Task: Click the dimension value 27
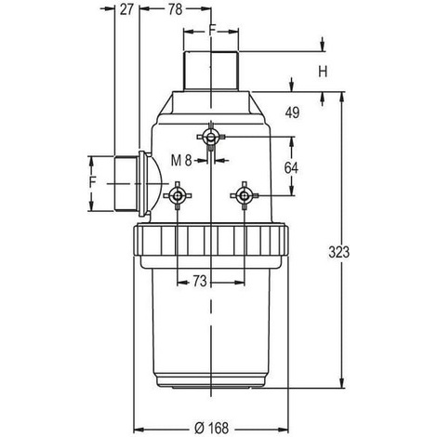point(126,9)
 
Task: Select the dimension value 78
point(175,9)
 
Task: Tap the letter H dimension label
point(323,73)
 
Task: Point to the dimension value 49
point(292,113)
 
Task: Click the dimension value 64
point(291,168)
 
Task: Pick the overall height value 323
point(338,252)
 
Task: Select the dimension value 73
point(200,281)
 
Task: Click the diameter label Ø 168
point(211,429)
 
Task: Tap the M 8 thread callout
point(181,161)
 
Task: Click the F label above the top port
point(212,30)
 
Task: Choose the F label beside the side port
point(93,182)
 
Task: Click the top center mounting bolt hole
point(211,137)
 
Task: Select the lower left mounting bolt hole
point(178,195)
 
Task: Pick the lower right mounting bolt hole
point(245,195)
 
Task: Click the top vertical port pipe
point(211,71)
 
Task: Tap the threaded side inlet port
point(126,184)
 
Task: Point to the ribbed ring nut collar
point(211,241)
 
